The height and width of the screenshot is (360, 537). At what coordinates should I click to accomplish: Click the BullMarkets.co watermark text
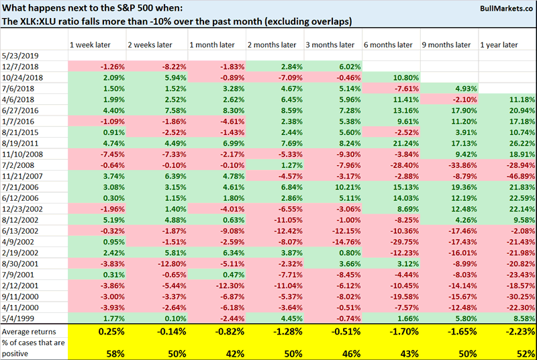point(497,9)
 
